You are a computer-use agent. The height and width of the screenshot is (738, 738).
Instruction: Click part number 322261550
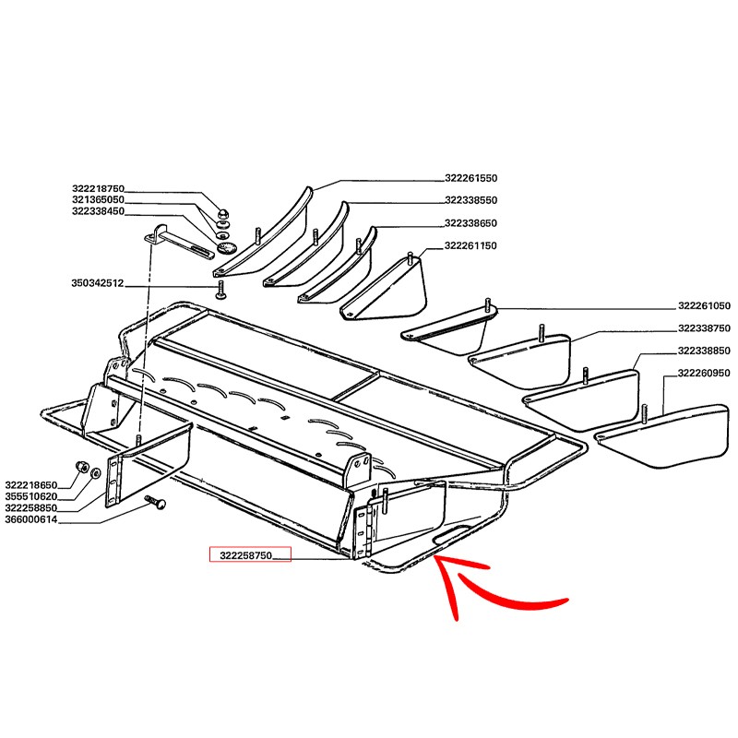[x=470, y=178]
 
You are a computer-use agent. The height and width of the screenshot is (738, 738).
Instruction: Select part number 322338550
[x=470, y=200]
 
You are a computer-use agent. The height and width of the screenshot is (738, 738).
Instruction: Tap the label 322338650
[x=470, y=223]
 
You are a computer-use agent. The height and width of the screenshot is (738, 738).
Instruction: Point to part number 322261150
[x=470, y=245]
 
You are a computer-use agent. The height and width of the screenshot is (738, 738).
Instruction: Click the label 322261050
[x=704, y=306]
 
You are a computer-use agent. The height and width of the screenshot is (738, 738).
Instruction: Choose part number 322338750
[x=704, y=328]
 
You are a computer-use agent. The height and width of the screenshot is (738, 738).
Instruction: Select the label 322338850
[x=704, y=351]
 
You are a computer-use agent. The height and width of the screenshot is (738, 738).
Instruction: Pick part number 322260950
[x=704, y=374]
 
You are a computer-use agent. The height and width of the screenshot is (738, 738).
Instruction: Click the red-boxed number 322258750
[x=246, y=555]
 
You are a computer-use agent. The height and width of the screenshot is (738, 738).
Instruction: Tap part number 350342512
[x=98, y=283]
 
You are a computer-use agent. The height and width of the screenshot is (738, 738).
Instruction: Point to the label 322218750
[x=98, y=189]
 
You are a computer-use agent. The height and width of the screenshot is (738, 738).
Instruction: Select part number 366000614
[x=31, y=519]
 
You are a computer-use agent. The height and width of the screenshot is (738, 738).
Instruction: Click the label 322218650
[x=31, y=485]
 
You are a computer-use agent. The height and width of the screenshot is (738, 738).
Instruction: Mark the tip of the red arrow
[x=434, y=557]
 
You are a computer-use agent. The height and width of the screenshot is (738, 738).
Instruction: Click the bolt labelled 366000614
[x=156, y=502]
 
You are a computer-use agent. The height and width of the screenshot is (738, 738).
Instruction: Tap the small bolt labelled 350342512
[x=220, y=289]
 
